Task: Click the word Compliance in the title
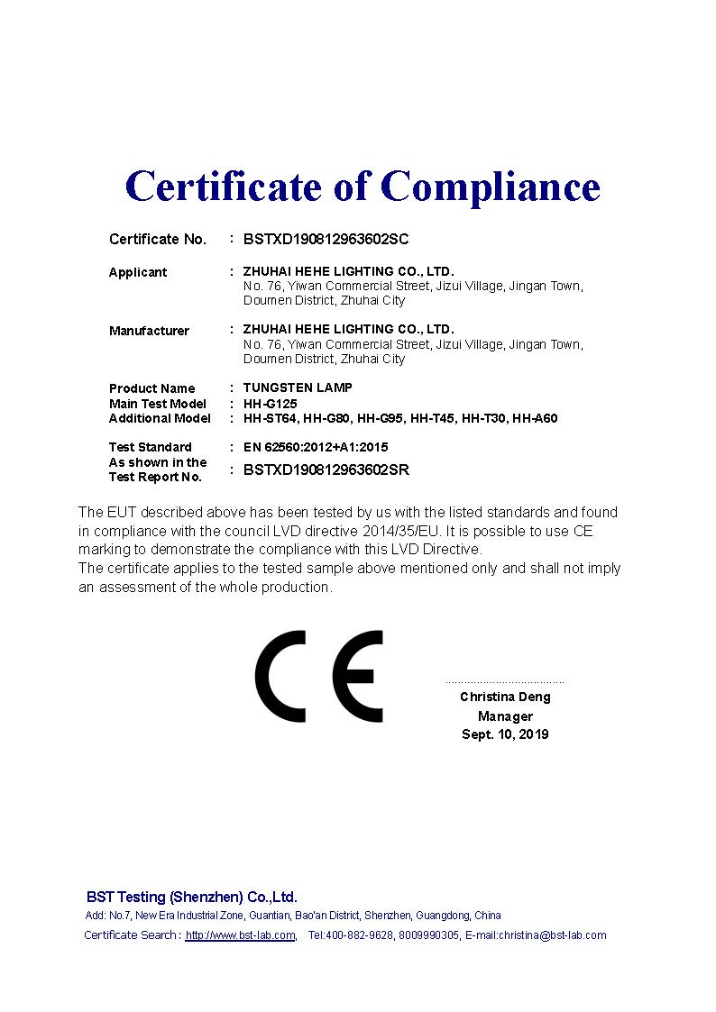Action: click(x=490, y=187)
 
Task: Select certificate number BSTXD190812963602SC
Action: click(x=326, y=239)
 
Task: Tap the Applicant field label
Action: click(x=138, y=272)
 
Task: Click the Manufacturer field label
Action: click(x=149, y=331)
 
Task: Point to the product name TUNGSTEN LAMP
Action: click(x=298, y=387)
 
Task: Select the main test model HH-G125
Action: click(x=270, y=404)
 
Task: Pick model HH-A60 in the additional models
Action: click(x=535, y=418)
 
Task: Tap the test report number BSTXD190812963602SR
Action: click(x=326, y=470)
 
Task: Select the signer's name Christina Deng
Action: click(x=505, y=697)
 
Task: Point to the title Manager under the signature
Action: click(x=505, y=716)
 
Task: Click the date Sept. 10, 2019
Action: click(x=505, y=734)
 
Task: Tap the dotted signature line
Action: click(x=505, y=683)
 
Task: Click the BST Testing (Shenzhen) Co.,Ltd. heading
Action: click(x=191, y=897)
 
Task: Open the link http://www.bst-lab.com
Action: click(x=240, y=935)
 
